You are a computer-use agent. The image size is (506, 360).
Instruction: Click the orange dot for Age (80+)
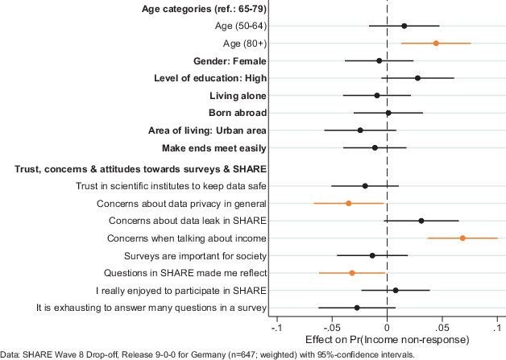[x=436, y=43]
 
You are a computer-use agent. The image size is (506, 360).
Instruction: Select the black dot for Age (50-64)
[x=404, y=26]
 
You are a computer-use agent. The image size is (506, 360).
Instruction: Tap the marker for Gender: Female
[x=379, y=60]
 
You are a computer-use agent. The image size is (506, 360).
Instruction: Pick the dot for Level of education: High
[x=417, y=78]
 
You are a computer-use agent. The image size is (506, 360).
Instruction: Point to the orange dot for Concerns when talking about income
[x=462, y=238]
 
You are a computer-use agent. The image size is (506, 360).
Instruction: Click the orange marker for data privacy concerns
[x=349, y=203]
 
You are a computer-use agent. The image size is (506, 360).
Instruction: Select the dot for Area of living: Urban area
[x=360, y=130]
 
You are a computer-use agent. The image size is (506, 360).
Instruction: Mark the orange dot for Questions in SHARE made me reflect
[x=352, y=273]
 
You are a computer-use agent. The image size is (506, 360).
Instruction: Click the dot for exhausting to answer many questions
[x=357, y=308]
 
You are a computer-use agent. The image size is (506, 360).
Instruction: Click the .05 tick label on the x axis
[x=442, y=328]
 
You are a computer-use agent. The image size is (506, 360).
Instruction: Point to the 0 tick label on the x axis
[x=388, y=328]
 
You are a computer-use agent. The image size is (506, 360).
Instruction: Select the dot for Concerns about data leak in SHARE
[x=421, y=220]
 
